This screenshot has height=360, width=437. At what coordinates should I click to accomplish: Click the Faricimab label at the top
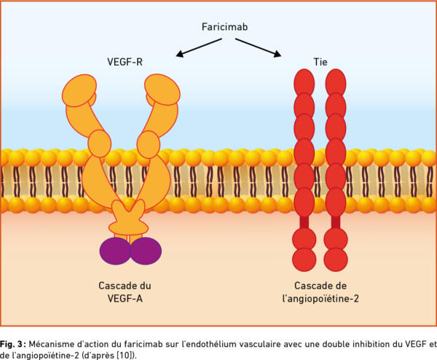(x=224, y=27)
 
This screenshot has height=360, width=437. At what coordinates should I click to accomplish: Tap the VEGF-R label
(x=125, y=62)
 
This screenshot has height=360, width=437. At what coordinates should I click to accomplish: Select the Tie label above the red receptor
(x=320, y=62)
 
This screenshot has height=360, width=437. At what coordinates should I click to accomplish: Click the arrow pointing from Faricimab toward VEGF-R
(x=199, y=47)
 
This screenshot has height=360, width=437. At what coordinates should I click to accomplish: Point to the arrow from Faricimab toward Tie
(x=259, y=47)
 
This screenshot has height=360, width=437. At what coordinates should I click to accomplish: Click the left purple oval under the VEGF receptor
(x=115, y=251)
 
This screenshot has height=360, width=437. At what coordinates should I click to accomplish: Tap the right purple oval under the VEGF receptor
(x=146, y=251)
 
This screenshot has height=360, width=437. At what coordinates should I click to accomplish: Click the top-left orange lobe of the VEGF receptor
(x=79, y=90)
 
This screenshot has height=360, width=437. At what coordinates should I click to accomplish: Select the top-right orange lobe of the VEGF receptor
(x=162, y=90)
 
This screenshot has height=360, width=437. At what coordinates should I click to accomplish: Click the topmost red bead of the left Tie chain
(x=304, y=83)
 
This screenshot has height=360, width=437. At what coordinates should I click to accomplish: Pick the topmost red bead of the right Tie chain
(x=336, y=83)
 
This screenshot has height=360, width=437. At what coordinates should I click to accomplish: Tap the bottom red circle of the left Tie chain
(x=304, y=259)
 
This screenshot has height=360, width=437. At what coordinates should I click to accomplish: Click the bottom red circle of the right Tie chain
(x=336, y=259)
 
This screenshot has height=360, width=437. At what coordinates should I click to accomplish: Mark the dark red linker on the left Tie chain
(x=304, y=222)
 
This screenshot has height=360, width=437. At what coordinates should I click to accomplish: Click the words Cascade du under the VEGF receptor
(x=125, y=286)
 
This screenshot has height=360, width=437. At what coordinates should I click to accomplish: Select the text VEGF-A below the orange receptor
(x=125, y=299)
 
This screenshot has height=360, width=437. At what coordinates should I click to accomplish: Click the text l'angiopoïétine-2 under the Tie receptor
(x=320, y=299)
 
